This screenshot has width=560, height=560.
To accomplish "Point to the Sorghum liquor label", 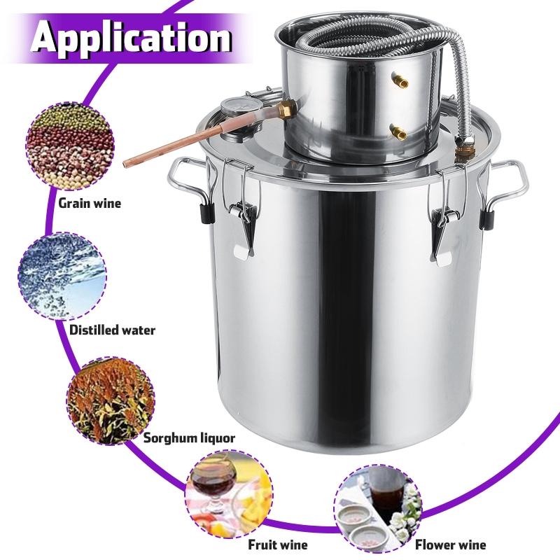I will (189, 438).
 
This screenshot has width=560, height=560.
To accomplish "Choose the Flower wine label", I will (449, 544).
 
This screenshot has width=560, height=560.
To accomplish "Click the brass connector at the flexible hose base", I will (463, 148).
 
